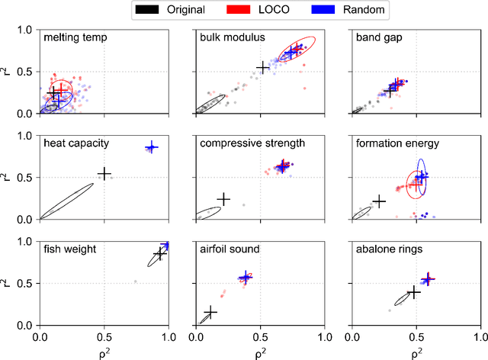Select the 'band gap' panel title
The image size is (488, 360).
click(x=378, y=37)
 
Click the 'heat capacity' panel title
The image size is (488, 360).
click(x=76, y=143)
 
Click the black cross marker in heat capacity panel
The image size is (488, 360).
click(x=104, y=174)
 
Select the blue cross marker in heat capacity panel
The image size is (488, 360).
click(x=151, y=147)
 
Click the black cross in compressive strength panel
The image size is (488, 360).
click(x=223, y=198)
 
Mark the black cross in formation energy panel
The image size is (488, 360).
click(x=379, y=201)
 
